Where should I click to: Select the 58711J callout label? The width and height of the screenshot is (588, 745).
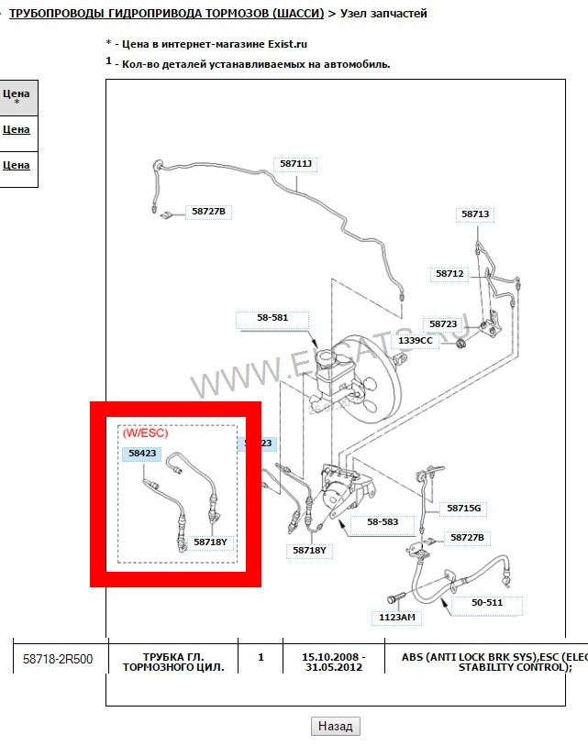tap(296, 164)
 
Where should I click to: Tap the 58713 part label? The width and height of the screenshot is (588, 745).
tap(476, 214)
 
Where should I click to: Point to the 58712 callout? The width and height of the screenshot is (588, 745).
tap(450, 273)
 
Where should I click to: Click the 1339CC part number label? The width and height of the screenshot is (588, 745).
tap(416, 340)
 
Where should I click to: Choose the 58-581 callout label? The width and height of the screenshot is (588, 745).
tap(272, 318)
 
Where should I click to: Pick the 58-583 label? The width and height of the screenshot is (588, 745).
tap(383, 521)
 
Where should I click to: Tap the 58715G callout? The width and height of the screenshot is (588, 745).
tap(464, 508)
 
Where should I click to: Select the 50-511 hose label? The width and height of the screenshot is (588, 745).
tap(488, 603)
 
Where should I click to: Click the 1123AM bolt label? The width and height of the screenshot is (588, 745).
tap(397, 617)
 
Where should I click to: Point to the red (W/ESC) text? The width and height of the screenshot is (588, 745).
tap(146, 433)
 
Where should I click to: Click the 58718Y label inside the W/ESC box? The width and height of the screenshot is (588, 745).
tap(210, 542)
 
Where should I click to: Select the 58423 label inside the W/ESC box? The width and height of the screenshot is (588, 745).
tap(142, 453)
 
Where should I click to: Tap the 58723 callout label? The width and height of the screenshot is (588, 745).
tap(442, 323)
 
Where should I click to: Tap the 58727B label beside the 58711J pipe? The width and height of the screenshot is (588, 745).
tap(208, 212)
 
